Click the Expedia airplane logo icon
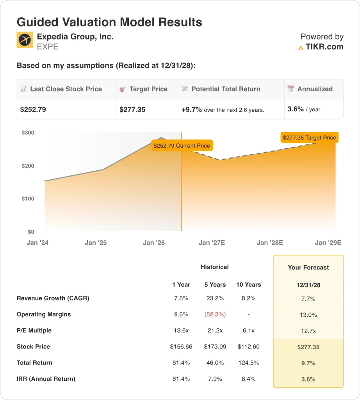point(25,40)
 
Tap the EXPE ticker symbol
point(48,47)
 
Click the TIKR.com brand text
point(324,47)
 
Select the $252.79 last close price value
point(33,109)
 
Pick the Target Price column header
point(148,89)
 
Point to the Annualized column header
point(315,89)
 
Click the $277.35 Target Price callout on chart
point(310,137)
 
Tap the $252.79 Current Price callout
point(182,146)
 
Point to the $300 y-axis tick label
point(28,133)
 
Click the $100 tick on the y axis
point(28,199)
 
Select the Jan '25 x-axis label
point(96,243)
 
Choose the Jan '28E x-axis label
point(270,243)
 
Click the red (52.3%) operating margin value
point(215,314)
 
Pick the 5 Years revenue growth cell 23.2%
point(215,298)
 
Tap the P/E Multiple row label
point(34,330)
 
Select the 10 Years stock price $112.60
point(249,346)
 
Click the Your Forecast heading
point(308,267)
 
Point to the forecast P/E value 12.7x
point(308,331)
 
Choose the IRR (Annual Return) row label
point(46,379)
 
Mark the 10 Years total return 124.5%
point(249,363)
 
